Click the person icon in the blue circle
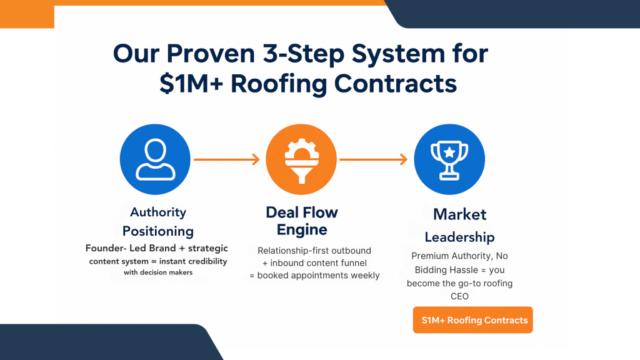(x=155, y=159)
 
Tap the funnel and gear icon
(x=302, y=159)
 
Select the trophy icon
(x=450, y=159)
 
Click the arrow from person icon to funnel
(x=226, y=160)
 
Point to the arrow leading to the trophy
(x=373, y=160)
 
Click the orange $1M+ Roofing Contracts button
(x=473, y=320)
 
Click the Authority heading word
(x=158, y=212)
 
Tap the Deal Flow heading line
(x=302, y=212)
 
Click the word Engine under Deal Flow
(x=302, y=230)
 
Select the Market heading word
(x=459, y=214)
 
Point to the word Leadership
(x=459, y=237)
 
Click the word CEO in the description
(x=459, y=296)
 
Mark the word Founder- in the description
(x=106, y=248)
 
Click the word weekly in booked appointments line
(x=364, y=276)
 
